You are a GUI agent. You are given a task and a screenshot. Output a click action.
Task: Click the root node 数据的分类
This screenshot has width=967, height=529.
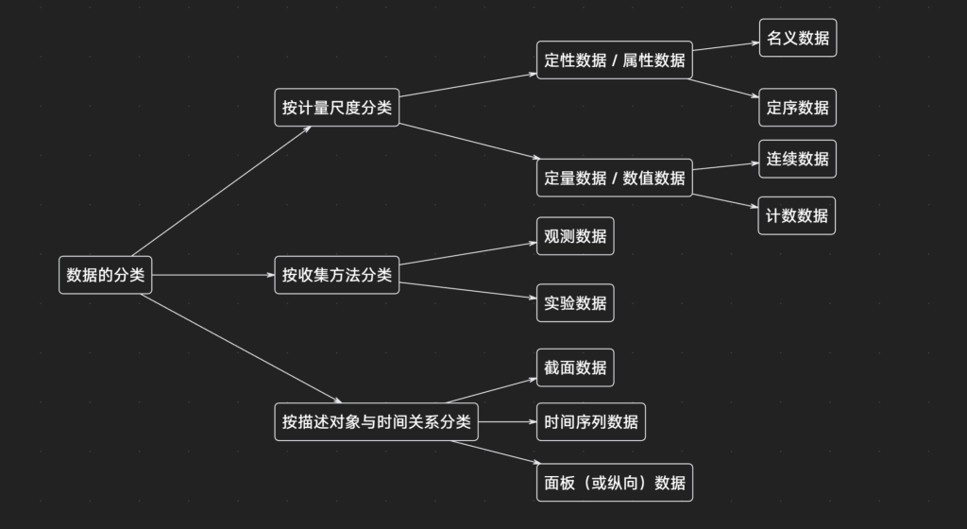[x=105, y=275]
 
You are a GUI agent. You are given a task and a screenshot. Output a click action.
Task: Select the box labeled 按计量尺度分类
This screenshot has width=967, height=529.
[x=336, y=108]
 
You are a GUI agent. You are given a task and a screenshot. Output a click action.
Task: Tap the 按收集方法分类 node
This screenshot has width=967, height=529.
[x=336, y=275]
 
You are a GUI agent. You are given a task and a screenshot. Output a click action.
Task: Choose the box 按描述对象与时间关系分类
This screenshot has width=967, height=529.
[x=376, y=421]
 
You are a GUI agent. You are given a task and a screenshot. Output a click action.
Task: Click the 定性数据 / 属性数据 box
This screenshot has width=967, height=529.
[x=614, y=60]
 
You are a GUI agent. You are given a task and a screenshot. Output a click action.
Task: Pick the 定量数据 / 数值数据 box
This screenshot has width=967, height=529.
[x=614, y=178]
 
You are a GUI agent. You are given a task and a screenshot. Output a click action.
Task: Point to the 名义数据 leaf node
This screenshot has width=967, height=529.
[x=797, y=38]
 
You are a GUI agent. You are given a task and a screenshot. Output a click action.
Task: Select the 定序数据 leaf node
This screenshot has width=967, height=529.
[x=797, y=108]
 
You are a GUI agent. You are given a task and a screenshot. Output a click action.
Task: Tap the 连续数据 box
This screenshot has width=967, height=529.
[x=797, y=159]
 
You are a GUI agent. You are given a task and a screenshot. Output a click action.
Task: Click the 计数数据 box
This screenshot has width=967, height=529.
[x=797, y=215]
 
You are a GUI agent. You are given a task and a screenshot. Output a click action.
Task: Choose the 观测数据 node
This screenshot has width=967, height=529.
[x=575, y=235]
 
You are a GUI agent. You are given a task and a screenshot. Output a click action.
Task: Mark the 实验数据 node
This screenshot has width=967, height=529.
[x=575, y=303]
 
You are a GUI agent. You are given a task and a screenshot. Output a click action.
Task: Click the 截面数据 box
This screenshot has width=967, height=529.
[x=575, y=367]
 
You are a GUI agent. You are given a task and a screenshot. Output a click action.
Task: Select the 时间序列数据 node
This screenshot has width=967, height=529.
[x=590, y=421]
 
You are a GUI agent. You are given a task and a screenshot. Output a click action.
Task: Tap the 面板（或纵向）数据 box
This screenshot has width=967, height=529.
[x=614, y=482]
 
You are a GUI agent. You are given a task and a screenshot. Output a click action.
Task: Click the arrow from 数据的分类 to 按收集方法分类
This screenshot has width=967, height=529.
[x=212, y=275]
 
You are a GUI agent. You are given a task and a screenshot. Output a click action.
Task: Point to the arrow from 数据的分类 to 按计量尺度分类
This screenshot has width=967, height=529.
[x=222, y=190]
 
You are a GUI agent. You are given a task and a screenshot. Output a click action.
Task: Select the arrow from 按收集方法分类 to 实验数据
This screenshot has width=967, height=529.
[x=467, y=290]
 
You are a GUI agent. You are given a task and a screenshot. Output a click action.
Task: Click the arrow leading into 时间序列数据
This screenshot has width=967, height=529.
[x=507, y=421]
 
